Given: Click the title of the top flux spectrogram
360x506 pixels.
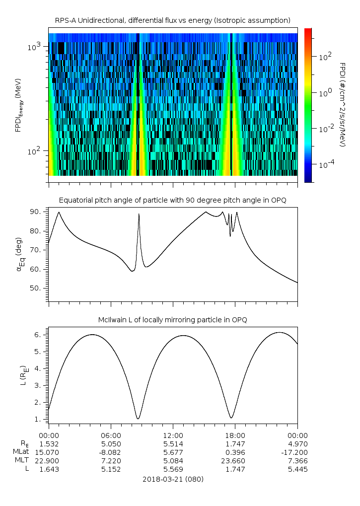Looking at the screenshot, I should click(x=173, y=20).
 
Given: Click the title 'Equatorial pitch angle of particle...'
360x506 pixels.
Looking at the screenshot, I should click(x=173, y=200).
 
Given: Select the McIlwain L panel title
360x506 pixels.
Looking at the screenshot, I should click(x=173, y=319).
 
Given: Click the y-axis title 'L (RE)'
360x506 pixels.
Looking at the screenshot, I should click(x=22, y=375).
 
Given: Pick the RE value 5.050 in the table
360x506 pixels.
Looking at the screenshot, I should click(x=111, y=443).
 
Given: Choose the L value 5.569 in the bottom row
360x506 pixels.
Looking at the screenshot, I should click(x=173, y=469).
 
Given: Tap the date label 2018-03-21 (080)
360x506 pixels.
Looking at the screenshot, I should click(x=173, y=479).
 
